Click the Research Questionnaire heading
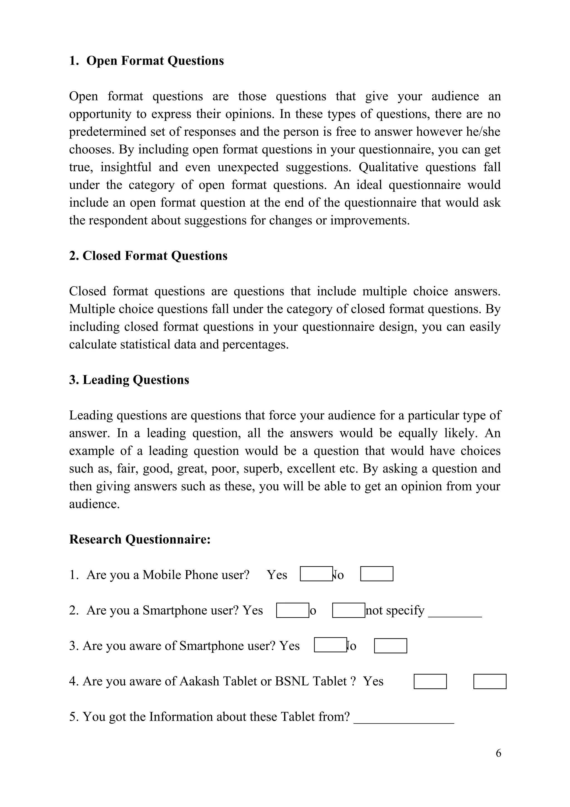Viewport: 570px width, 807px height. (x=140, y=539)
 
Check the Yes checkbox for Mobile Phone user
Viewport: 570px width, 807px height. (x=316, y=574)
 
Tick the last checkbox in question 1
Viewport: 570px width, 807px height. (x=377, y=574)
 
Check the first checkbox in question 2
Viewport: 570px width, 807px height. (x=292, y=610)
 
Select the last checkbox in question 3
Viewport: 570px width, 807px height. (x=390, y=646)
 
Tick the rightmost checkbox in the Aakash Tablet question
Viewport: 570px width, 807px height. (x=490, y=681)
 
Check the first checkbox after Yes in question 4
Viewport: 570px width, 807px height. (x=430, y=681)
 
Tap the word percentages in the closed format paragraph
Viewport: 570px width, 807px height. (x=255, y=344)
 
